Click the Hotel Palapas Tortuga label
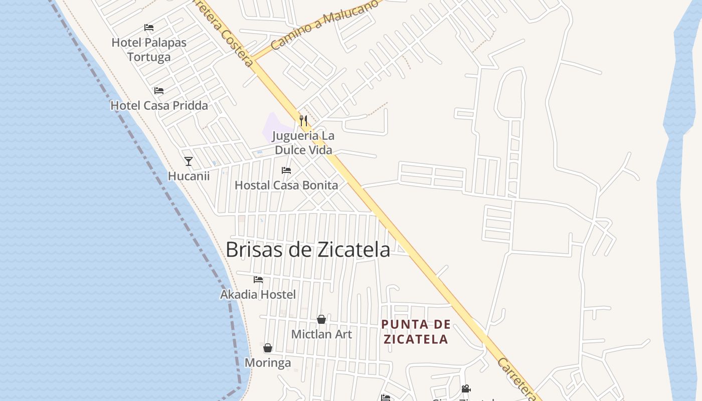click(x=149, y=50)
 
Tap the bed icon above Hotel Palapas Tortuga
click(x=149, y=27)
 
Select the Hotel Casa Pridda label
click(x=159, y=106)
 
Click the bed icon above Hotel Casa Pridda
click(x=159, y=91)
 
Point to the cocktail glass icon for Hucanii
click(x=189, y=161)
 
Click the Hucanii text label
click(x=189, y=176)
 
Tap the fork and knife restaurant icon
click(x=303, y=120)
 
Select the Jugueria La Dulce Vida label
click(x=303, y=143)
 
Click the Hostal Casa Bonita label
click(x=286, y=185)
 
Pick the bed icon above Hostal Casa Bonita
click(x=286, y=170)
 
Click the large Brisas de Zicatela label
click(x=308, y=250)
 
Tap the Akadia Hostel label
click(x=258, y=294)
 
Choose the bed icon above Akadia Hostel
click(x=258, y=279)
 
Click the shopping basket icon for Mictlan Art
click(x=321, y=319)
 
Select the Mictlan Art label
click(x=321, y=334)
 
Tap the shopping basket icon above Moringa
click(x=268, y=348)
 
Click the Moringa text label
click(x=268, y=362)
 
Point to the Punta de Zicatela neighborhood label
click(x=415, y=332)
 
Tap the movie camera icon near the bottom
click(x=466, y=388)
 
